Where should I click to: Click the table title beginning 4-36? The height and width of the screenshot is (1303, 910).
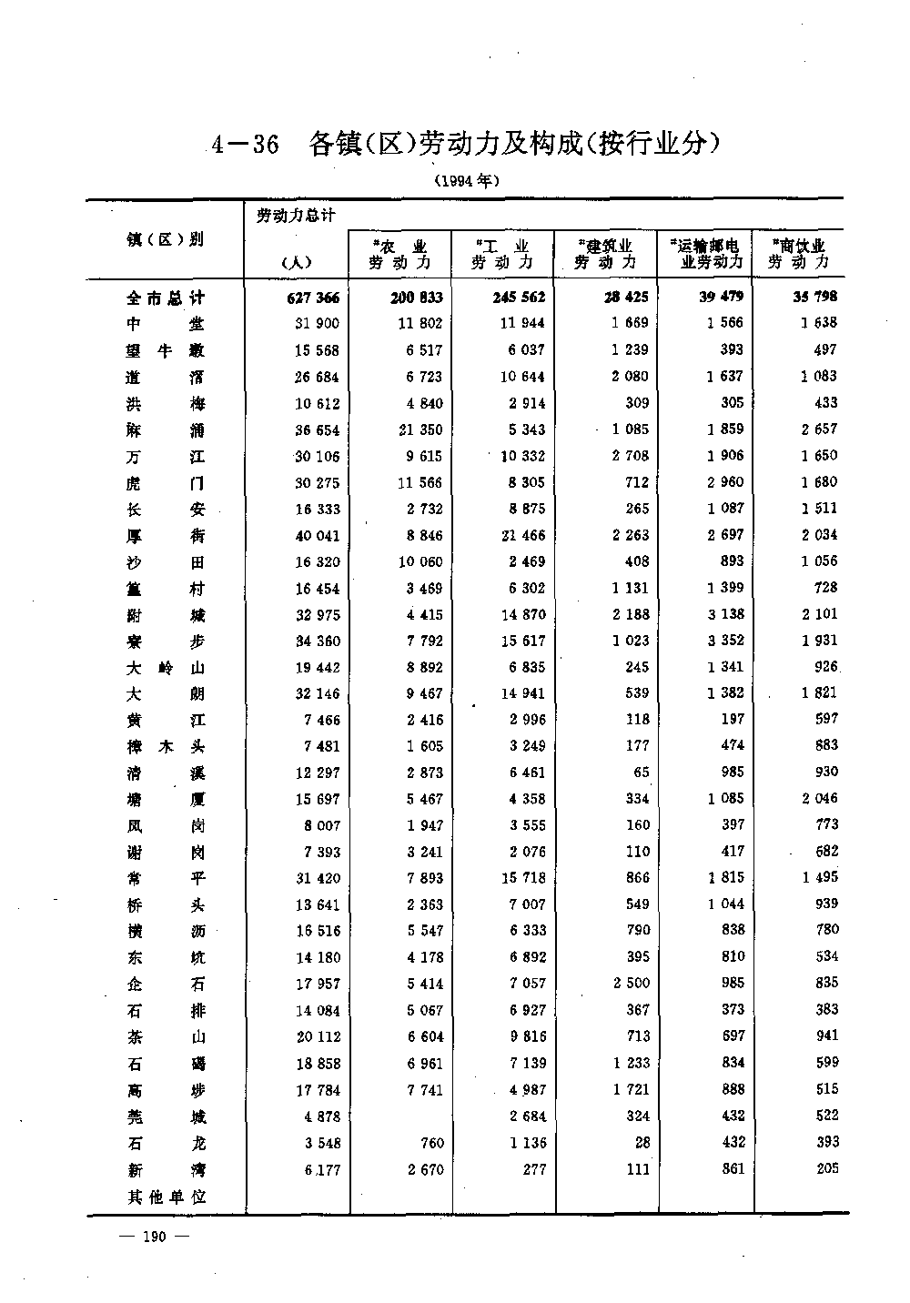(x=466, y=144)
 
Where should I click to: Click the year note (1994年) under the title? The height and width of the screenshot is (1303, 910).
(x=467, y=180)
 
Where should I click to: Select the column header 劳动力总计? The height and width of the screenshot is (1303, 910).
(x=296, y=216)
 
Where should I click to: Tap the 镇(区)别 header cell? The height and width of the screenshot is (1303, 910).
(x=165, y=239)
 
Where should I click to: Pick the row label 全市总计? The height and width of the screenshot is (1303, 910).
(x=166, y=298)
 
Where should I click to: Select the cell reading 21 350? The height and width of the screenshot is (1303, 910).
(x=418, y=429)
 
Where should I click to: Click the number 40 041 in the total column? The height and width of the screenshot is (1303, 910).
(x=317, y=535)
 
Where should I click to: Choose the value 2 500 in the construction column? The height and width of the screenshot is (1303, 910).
(x=626, y=983)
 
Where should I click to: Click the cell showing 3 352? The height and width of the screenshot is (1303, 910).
(x=724, y=641)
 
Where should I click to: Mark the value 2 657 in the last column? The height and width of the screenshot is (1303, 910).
(x=818, y=429)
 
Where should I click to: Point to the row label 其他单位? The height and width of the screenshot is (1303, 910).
(x=167, y=1197)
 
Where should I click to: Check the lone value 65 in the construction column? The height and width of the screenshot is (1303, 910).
(x=641, y=773)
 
